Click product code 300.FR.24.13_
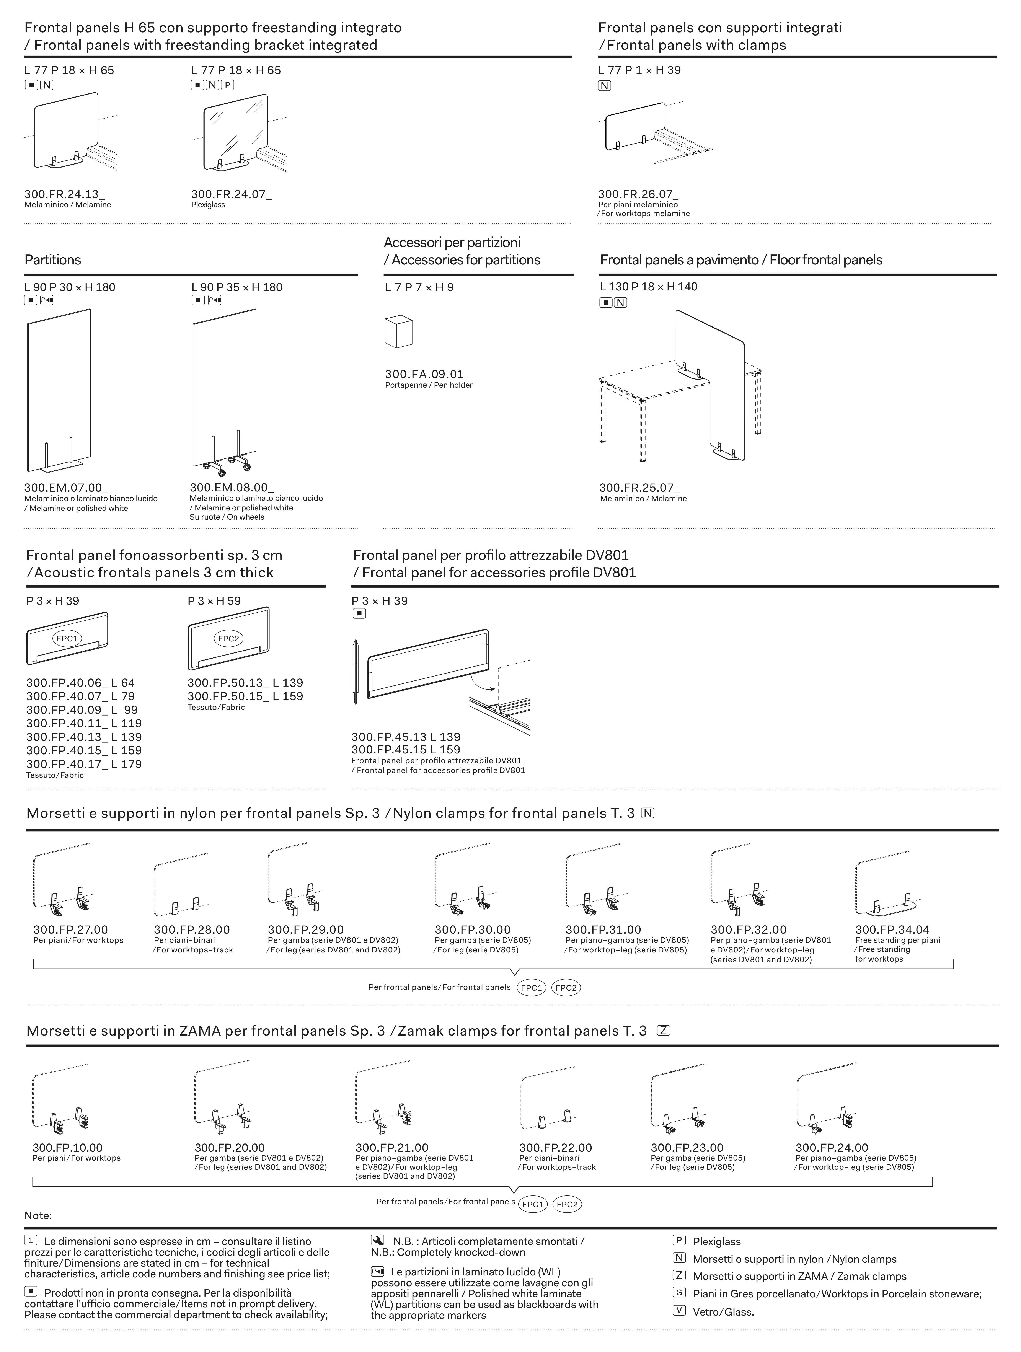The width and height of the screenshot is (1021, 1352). (x=64, y=194)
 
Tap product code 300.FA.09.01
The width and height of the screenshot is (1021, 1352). (x=424, y=374)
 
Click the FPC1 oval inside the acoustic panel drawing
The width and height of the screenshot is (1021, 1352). (x=67, y=639)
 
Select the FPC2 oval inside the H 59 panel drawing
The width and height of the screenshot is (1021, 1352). (x=229, y=639)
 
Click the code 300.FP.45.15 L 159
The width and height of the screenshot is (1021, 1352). (x=406, y=749)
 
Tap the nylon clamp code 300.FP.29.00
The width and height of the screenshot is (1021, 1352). (x=306, y=930)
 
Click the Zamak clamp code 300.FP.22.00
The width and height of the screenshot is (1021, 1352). (x=556, y=1148)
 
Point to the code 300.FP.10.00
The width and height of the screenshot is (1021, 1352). (x=68, y=1148)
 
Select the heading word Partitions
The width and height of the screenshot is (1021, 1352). (x=53, y=260)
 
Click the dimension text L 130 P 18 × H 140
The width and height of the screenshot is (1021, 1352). (x=649, y=287)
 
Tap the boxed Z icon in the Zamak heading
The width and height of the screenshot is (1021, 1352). (x=663, y=1031)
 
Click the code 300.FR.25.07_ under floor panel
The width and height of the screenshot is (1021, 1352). (x=639, y=488)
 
